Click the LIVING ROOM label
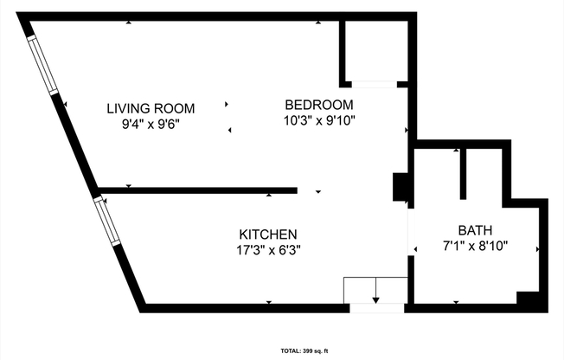151,108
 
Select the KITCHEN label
268,235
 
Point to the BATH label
475,230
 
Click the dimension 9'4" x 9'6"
151,124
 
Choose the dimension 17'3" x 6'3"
268,250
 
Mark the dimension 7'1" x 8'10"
475,246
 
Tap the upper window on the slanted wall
43,63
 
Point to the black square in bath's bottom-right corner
529,299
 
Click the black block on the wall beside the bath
401,188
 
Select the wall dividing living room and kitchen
198,190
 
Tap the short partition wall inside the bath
464,173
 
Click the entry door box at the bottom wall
375,291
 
